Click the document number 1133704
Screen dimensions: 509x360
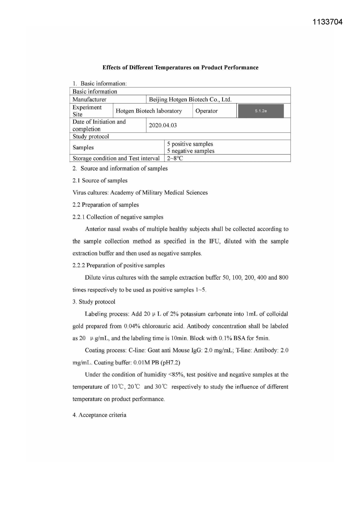[x=328, y=22]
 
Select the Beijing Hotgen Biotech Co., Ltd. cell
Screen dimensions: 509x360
[x=190, y=100]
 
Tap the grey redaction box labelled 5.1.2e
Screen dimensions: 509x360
[x=260, y=111]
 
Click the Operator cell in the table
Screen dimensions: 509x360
[x=206, y=111]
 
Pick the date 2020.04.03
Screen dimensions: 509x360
[x=163, y=125]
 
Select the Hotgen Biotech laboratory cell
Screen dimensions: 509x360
[x=149, y=111]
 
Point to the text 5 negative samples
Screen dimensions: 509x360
[x=191, y=151]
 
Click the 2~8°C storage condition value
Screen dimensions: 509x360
[x=175, y=158]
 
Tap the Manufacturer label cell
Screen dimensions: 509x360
[x=89, y=100]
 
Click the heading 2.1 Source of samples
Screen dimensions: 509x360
[x=100, y=181]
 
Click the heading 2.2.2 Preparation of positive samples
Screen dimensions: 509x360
[x=118, y=266]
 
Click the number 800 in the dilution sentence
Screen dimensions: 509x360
[x=283, y=277]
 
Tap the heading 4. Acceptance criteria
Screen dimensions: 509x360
[x=99, y=415]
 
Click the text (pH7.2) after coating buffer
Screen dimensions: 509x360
[x=171, y=362]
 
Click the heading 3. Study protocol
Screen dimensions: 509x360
[x=94, y=302]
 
